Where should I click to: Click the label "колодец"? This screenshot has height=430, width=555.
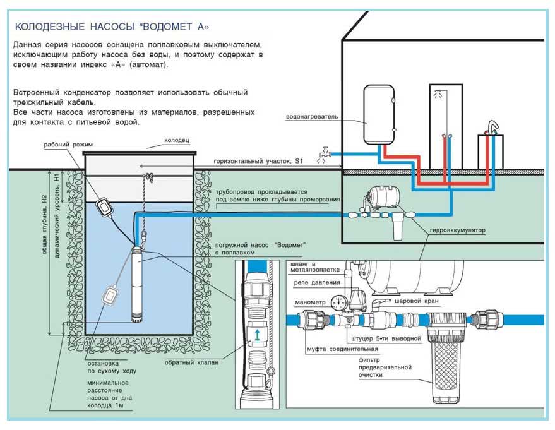coord(177,140)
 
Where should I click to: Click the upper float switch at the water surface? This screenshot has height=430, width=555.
coord(103,205)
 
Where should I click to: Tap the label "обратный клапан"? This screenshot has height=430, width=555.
coord(183,362)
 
